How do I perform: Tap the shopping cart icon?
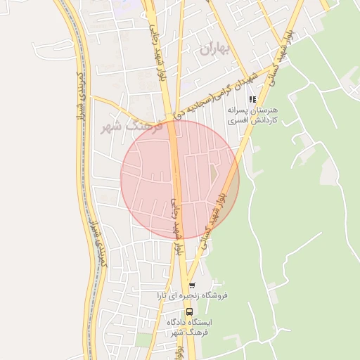click(x=191, y=286)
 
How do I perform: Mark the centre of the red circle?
click(x=180, y=179)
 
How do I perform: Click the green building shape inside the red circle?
click(x=215, y=173)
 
